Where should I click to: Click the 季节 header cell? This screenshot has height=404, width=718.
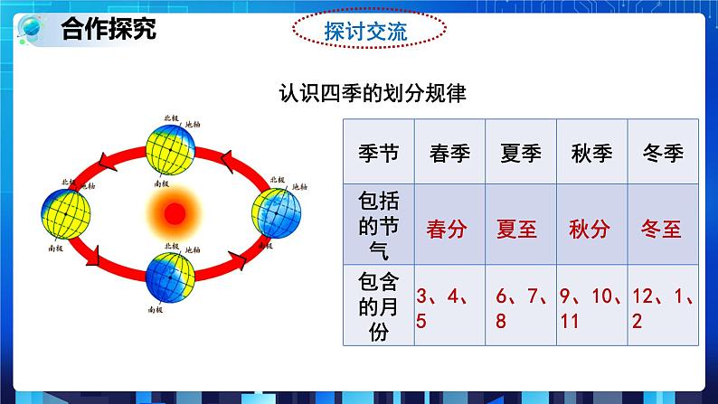click(378, 152)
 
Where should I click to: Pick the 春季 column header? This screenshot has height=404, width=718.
click(449, 152)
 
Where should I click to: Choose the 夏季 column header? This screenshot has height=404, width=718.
click(521, 152)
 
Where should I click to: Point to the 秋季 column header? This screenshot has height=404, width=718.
click(592, 152)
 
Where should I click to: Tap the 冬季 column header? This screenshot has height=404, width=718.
click(662, 152)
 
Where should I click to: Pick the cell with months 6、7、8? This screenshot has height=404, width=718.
click(520, 307)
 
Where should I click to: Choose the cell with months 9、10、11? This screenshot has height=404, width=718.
click(592, 307)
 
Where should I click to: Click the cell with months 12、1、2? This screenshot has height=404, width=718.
click(662, 307)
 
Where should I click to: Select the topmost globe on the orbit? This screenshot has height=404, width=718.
click(171, 146)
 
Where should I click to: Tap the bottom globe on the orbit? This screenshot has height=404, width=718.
click(171, 276)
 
